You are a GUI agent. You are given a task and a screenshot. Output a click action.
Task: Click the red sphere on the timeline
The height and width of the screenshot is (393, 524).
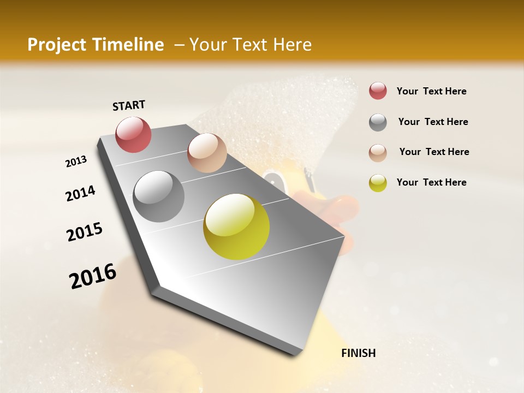133,134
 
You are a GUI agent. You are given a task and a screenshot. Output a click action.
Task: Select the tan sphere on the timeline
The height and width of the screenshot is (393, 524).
207,153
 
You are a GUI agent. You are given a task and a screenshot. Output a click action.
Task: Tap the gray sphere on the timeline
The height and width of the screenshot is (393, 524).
159,196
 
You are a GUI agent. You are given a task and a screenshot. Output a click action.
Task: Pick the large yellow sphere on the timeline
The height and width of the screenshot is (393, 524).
236,227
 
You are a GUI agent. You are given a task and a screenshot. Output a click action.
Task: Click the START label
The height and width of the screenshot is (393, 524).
129,105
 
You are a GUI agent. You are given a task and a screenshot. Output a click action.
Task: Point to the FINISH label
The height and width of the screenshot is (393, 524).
358,353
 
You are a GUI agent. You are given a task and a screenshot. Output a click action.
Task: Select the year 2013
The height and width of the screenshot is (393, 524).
76,161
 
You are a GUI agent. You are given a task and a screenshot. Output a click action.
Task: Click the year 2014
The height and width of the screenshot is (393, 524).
81,193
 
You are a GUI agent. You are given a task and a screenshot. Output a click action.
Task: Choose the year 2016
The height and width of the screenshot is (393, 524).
93,276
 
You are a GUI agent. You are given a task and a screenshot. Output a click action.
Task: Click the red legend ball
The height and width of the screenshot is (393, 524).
378,91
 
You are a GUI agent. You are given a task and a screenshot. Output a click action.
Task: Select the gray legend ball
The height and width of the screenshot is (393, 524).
378,122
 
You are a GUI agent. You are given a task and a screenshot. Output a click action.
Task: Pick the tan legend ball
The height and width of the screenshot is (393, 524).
378,153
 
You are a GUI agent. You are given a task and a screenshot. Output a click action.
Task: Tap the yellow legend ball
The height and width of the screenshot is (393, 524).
378,183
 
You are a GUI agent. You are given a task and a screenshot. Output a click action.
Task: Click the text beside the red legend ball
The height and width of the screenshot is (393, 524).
431,91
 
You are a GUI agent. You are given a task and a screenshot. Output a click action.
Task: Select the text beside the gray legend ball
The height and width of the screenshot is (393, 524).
433,122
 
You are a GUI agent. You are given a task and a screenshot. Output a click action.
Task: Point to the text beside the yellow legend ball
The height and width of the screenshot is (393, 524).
431,182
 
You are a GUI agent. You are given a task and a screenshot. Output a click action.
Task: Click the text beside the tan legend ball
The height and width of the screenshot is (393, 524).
434,152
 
